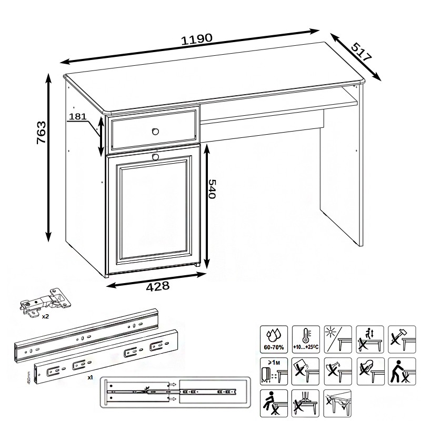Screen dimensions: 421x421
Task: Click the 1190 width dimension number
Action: click(x=197, y=38)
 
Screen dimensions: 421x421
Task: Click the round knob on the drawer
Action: click(x=155, y=131)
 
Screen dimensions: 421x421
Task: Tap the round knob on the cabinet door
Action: click(x=155, y=157)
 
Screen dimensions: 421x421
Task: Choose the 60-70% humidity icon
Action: click(x=274, y=338)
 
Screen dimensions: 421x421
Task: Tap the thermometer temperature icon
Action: click(x=306, y=338)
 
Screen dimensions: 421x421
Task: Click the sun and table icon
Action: click(x=338, y=338)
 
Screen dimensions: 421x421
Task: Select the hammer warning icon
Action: click(x=401, y=338)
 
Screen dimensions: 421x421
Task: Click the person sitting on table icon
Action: click(x=274, y=403)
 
